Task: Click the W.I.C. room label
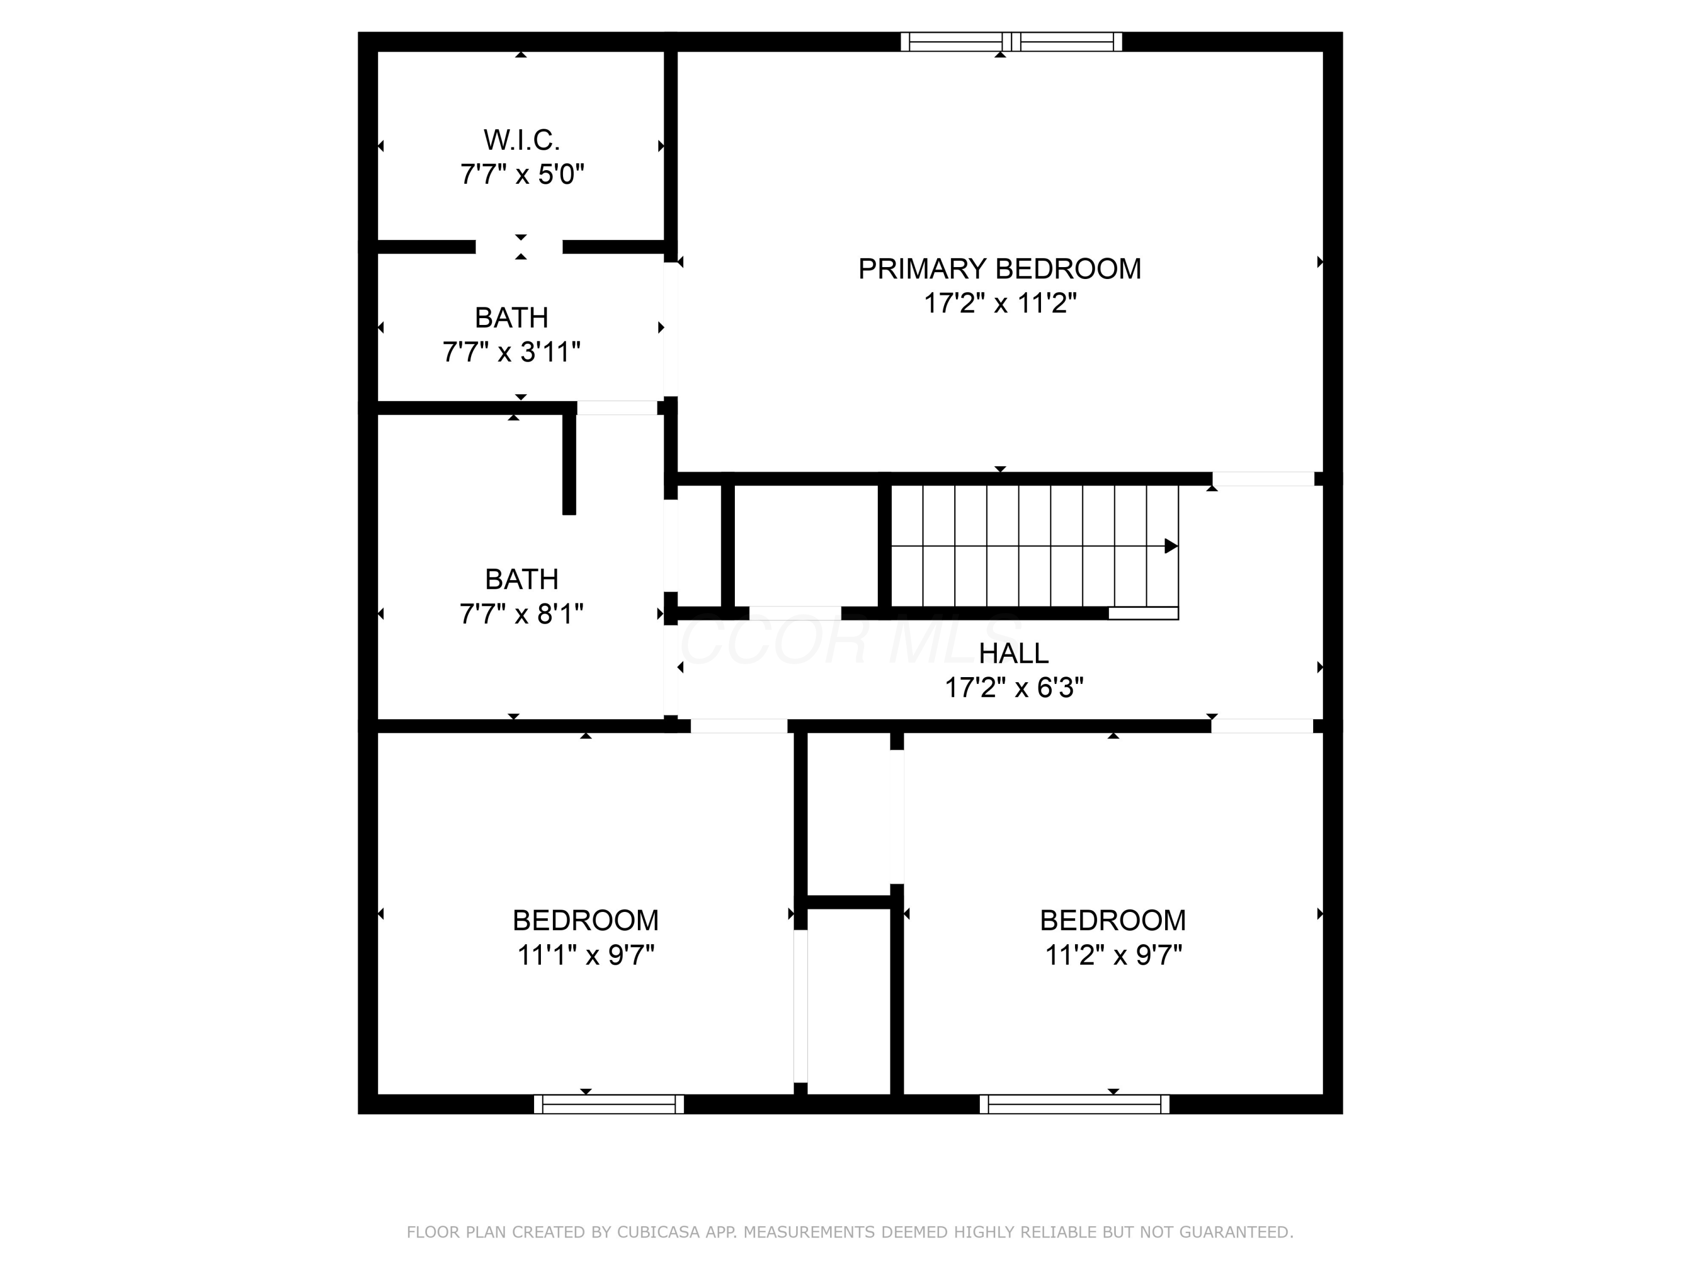pos(522,140)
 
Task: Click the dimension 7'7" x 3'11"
pos(511,352)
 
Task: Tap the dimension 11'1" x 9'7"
pos(585,955)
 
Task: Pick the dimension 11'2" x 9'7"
pos(1112,955)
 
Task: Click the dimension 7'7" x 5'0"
pos(522,175)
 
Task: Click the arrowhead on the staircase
pos(1170,546)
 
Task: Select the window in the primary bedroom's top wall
pos(1010,41)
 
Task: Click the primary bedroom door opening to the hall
pos(1263,479)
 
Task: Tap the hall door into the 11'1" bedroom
pos(738,725)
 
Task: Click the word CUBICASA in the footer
pos(658,1232)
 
